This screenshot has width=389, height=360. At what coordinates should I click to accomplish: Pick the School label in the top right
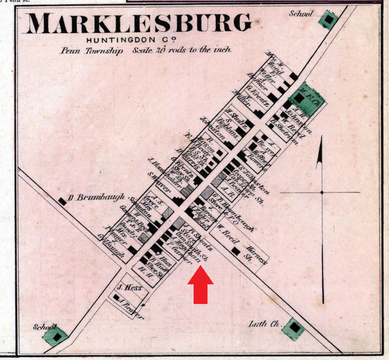tap(301, 13)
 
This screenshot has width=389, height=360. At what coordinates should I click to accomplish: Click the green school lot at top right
tap(329, 20)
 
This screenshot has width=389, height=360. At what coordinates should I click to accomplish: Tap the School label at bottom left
tap(44, 326)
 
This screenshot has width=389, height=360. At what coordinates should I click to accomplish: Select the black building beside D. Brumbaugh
tap(62, 201)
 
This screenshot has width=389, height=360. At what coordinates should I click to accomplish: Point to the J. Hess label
tap(127, 287)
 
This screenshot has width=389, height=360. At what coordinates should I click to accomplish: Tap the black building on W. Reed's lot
tap(235, 251)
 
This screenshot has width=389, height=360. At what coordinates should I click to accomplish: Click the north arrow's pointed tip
tap(318, 151)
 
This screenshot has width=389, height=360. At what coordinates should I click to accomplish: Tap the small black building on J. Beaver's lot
tap(117, 298)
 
